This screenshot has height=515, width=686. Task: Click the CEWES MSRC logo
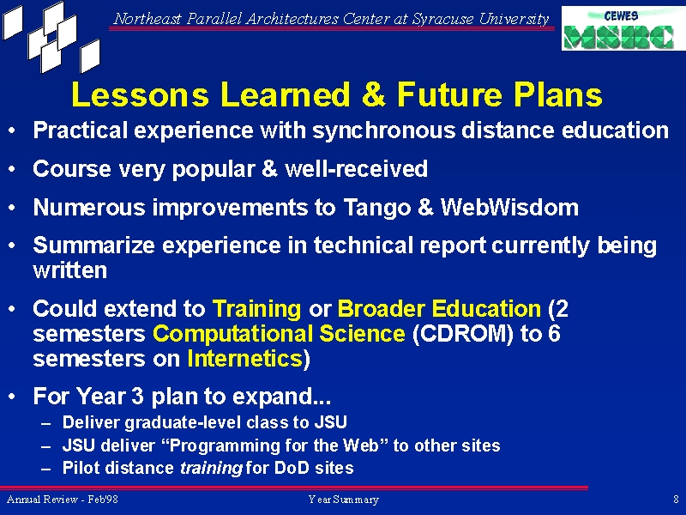click(x=623, y=28)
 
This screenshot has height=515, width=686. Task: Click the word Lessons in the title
click(x=140, y=94)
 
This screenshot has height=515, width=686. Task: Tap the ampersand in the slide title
click(x=374, y=94)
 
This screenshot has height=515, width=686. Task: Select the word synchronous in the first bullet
click(x=383, y=130)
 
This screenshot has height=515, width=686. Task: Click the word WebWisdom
click(x=509, y=207)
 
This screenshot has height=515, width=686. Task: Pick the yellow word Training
click(x=256, y=309)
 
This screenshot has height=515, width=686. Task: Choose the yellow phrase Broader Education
click(x=439, y=308)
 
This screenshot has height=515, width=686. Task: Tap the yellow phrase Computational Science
click(x=279, y=333)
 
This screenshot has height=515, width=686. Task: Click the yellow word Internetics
click(x=245, y=358)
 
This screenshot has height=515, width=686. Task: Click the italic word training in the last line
click(x=211, y=468)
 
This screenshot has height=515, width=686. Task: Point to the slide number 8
click(x=677, y=500)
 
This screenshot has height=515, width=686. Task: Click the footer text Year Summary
click(x=344, y=500)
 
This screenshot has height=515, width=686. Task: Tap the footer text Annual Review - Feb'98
click(x=62, y=500)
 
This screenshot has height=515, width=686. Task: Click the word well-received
click(x=356, y=168)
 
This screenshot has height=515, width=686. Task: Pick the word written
click(x=70, y=270)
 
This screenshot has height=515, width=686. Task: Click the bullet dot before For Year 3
click(x=12, y=396)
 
